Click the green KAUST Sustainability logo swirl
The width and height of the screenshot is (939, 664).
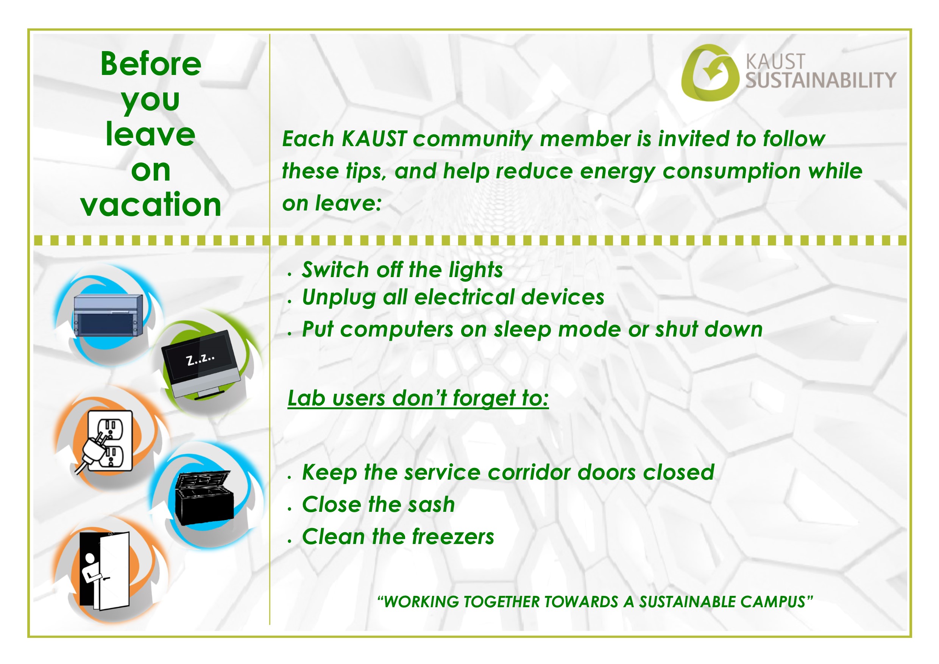(710, 73)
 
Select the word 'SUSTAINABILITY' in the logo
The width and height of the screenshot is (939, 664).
(821, 80)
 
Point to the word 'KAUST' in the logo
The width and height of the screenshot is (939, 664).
(775, 62)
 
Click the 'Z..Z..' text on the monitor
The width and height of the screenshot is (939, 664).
(200, 359)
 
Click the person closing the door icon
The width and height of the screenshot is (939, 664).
(105, 571)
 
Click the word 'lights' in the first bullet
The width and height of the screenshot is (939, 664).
(476, 270)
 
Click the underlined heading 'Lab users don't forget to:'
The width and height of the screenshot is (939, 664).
(418, 398)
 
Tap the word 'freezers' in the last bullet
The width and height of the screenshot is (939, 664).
(453, 536)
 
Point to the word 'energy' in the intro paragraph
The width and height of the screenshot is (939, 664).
(617, 172)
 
